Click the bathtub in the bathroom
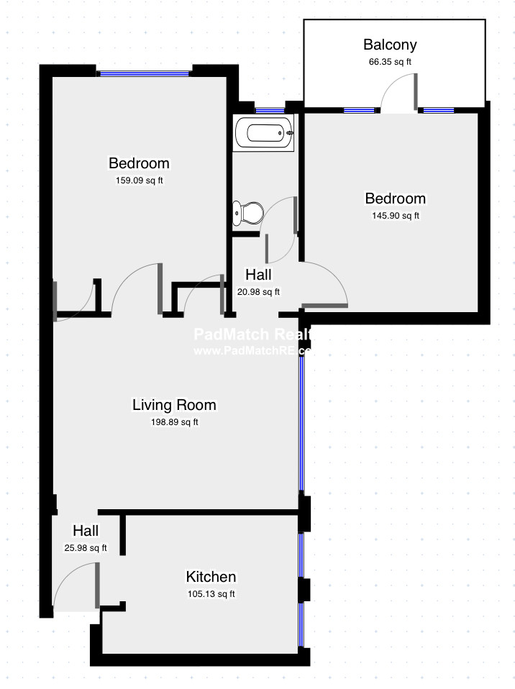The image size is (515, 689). [264, 134]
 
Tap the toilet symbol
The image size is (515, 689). [248, 213]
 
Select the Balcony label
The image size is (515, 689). [390, 45]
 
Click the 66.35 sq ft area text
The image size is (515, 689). [390, 62]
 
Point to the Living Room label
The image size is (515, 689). [174, 405]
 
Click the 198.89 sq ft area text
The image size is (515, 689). [174, 422]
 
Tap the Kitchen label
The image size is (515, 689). [211, 577]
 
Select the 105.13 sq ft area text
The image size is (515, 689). [211, 594]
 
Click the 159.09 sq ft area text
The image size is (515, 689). [139, 181]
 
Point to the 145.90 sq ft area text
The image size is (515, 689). [395, 215]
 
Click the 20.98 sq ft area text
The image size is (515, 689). [258, 291]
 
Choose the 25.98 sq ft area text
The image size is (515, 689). [86, 548]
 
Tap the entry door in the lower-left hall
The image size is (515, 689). [97, 584]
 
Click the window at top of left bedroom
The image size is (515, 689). [144, 73]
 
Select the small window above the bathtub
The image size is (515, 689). [270, 110]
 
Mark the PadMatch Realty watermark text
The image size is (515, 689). [252, 334]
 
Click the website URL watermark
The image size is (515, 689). [252, 351]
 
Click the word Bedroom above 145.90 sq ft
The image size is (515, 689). [395, 199]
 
